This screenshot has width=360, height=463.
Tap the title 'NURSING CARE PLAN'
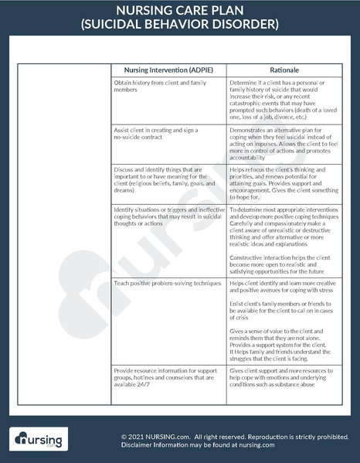(179, 11)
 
